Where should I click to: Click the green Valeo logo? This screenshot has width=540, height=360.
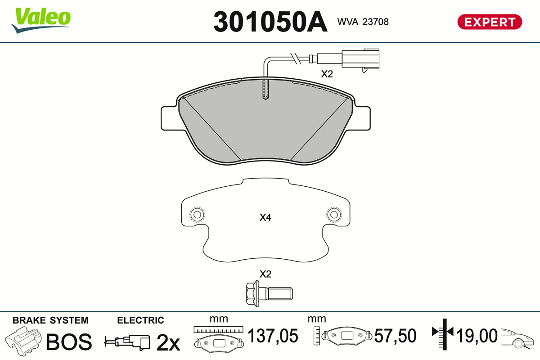tap(41, 20)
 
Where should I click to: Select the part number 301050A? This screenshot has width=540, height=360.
tap(270, 22)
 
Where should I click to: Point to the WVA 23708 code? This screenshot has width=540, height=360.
tap(363, 22)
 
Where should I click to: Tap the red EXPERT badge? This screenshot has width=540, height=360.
tap(490, 22)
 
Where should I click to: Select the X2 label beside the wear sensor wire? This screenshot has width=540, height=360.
tap(327, 74)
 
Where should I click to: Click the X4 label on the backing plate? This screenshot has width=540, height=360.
tap(265, 217)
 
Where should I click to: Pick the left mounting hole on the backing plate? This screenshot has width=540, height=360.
tap(197, 215)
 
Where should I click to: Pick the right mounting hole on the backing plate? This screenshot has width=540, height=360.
tap(334, 214)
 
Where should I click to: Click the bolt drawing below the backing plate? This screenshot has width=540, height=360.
tap(270, 294)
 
